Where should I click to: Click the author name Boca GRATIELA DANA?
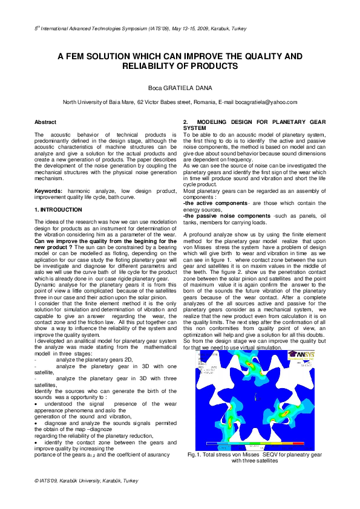[x=180, y=88]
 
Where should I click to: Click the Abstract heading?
[x=45, y=122]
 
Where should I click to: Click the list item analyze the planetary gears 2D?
[x=90, y=359]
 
